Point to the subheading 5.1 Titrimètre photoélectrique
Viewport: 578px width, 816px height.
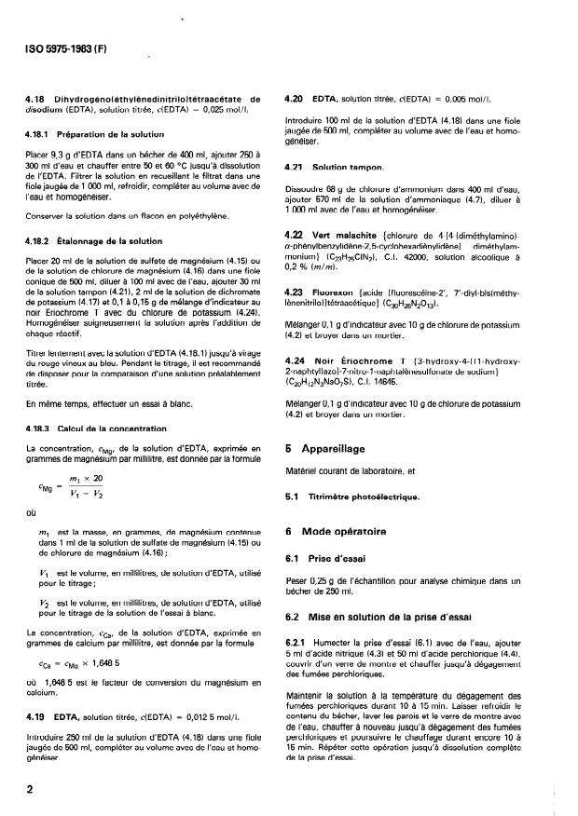click(x=352, y=495)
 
